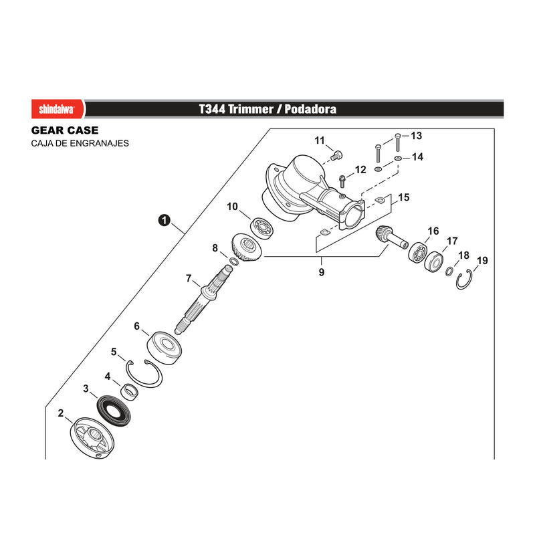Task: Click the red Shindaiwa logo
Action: tap(58, 109)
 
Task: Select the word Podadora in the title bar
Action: tap(310, 109)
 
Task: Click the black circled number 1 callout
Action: tap(164, 220)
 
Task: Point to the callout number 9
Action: tap(322, 272)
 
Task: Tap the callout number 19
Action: tap(482, 261)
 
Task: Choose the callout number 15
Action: tap(404, 197)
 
